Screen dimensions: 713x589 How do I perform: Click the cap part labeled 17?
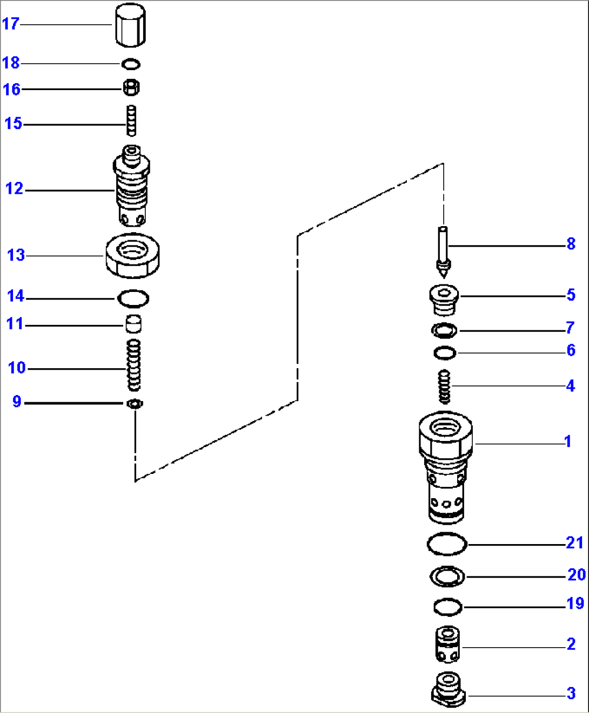(130, 25)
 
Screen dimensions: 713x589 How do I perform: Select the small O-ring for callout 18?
(130, 65)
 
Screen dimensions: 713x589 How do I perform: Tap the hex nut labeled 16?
(131, 87)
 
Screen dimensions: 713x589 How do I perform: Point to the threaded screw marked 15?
(131, 120)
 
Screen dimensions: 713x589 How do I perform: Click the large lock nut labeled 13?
(132, 255)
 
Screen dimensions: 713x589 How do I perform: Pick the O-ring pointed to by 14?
(133, 297)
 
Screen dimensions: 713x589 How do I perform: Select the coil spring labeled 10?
(133, 365)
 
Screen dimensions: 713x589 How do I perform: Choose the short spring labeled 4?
(444, 386)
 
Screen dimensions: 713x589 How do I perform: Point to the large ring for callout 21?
(446, 544)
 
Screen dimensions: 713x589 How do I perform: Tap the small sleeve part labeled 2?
(447, 644)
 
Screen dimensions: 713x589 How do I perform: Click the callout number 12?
(15, 189)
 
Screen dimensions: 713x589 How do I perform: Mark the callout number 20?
(576, 575)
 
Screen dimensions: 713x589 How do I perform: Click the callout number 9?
(17, 402)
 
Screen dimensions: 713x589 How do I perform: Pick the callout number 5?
(571, 295)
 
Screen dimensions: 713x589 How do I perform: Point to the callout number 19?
(575, 603)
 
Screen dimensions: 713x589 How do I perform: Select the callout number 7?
(570, 328)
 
